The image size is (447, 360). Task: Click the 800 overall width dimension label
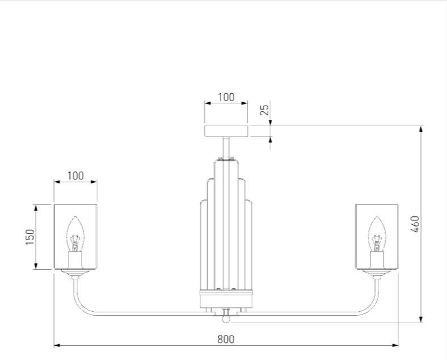click(226, 339)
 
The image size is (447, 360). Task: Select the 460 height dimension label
click(416, 224)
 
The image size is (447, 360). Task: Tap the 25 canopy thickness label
click(264, 110)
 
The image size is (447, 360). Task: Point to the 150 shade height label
click(30, 237)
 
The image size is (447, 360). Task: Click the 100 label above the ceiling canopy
click(226, 97)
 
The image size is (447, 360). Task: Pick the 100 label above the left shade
click(75, 175)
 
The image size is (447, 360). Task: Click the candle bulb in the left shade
click(75, 234)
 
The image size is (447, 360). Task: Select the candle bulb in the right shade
click(377, 234)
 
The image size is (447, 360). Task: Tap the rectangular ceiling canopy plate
click(226, 131)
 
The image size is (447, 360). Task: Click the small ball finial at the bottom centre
click(226, 319)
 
